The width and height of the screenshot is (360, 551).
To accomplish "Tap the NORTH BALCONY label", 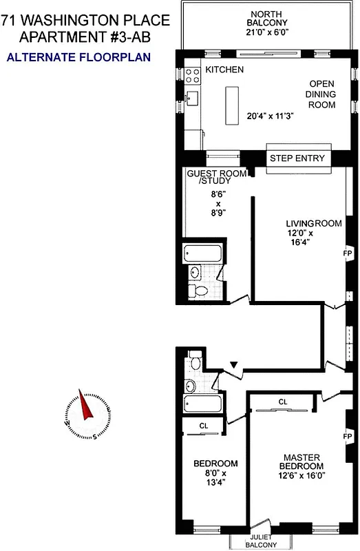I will (271, 20).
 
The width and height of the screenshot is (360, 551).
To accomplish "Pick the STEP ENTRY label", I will (296, 159).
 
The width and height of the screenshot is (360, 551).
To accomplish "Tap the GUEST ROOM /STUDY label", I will (216, 177).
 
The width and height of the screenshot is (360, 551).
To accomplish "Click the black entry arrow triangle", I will (235, 364).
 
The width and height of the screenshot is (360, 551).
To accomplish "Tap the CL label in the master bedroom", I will (283, 402).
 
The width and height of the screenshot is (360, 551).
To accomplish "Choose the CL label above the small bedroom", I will (204, 426).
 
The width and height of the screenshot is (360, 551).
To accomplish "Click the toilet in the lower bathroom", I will (195, 361).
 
